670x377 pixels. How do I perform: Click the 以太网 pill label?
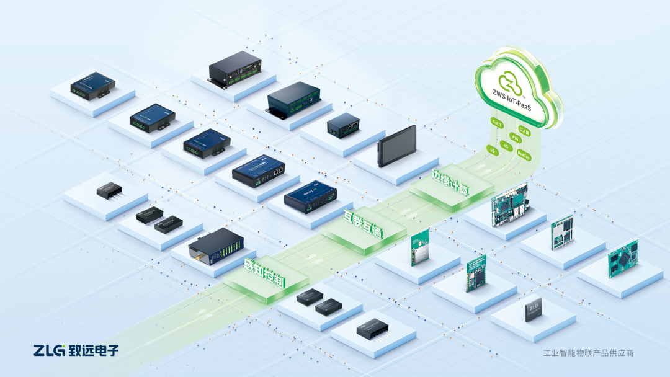pyautogui.click(x=524, y=130)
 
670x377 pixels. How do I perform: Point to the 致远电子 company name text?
pyautogui.click(x=93, y=350)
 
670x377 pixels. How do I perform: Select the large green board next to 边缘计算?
pyautogui.click(x=509, y=203)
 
